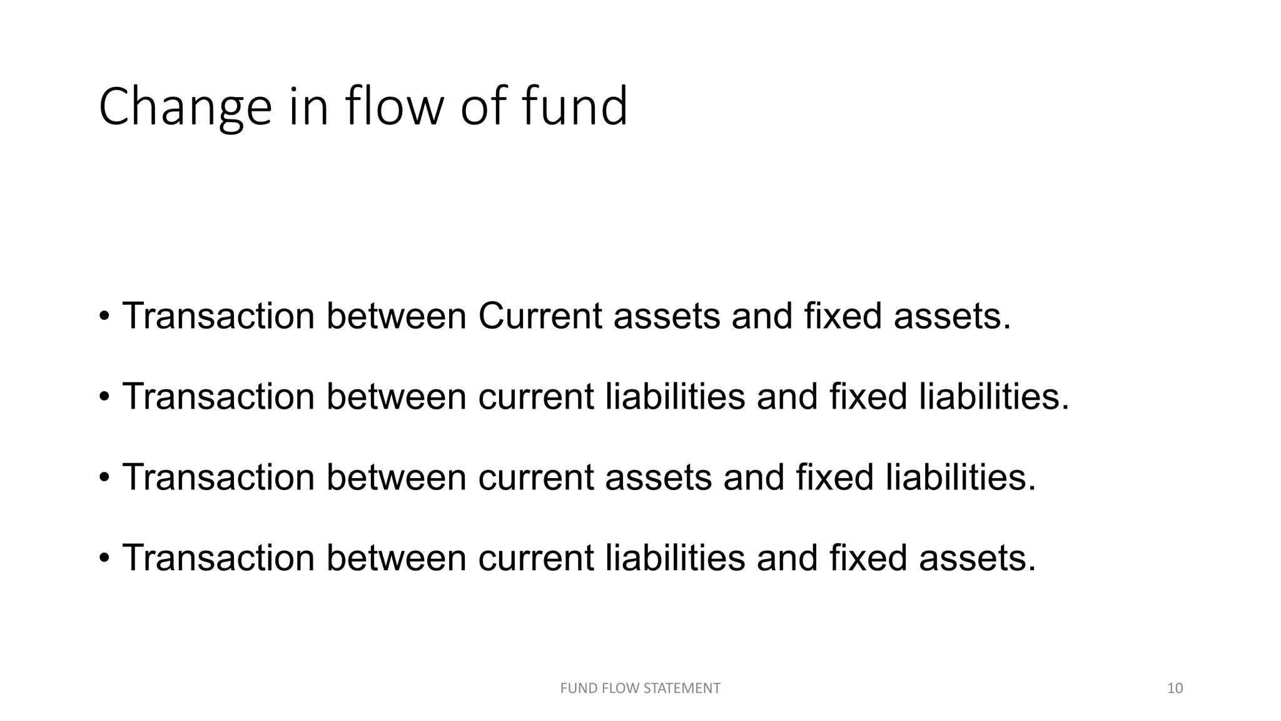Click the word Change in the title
(x=185, y=108)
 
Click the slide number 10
(x=1175, y=688)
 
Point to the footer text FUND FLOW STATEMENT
(x=640, y=688)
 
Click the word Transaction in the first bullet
(x=218, y=316)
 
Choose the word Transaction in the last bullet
(x=218, y=558)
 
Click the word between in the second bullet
(x=396, y=397)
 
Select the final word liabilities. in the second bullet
(x=994, y=397)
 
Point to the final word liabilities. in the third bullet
(x=961, y=478)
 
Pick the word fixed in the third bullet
(x=834, y=478)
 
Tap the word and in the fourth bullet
(x=787, y=558)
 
